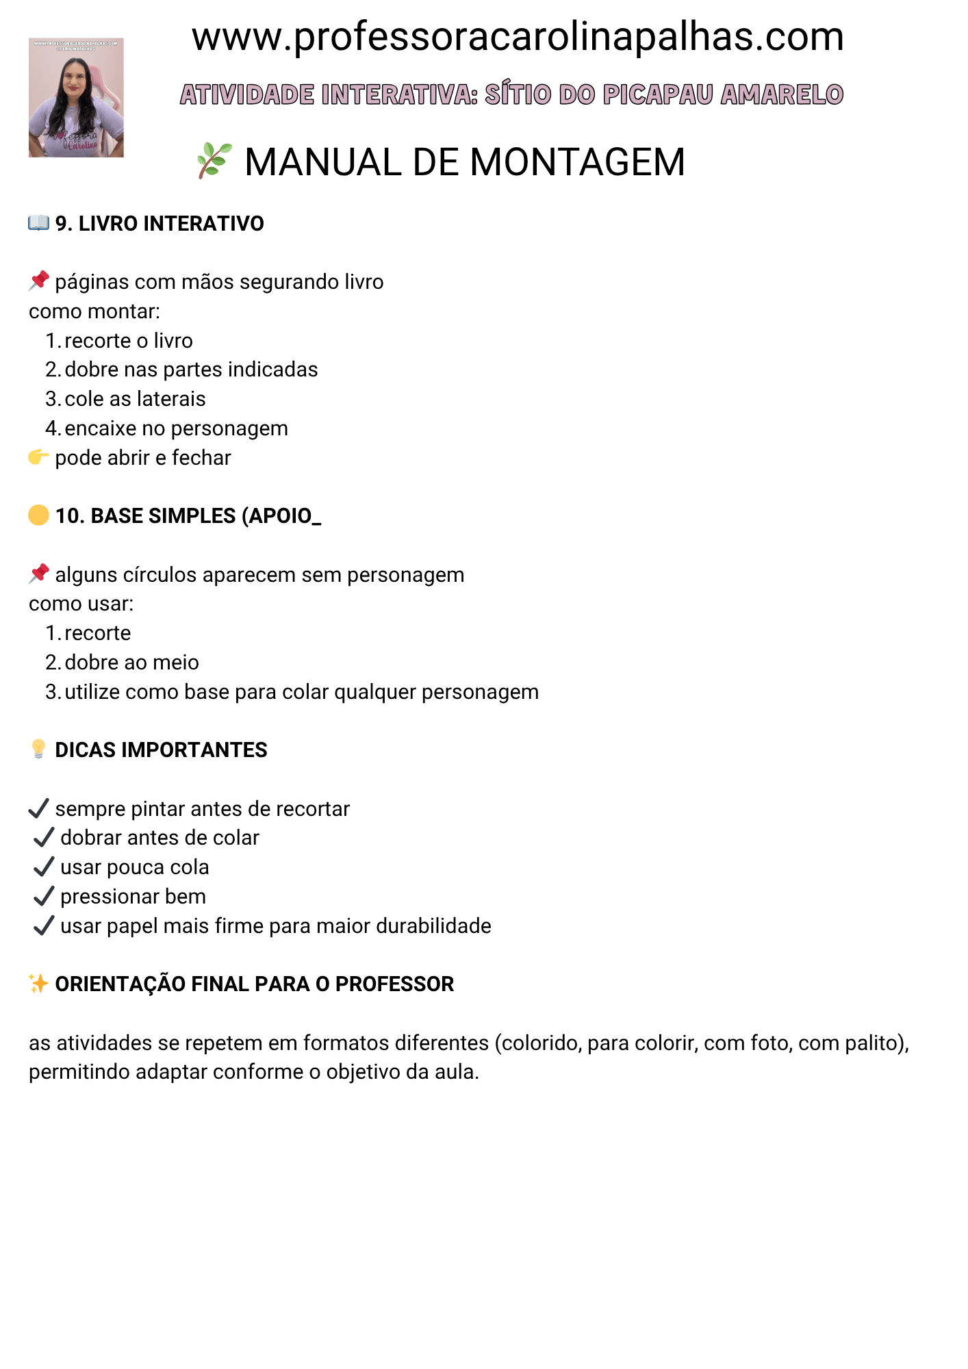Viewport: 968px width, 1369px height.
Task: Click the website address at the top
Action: tap(518, 37)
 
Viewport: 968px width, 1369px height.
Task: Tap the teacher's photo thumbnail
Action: tap(76, 98)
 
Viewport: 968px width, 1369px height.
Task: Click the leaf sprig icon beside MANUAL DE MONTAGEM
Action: tap(214, 161)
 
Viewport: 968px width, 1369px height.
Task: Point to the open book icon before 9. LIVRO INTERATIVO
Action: tap(38, 223)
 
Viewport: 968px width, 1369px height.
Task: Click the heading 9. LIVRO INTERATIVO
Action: tap(160, 224)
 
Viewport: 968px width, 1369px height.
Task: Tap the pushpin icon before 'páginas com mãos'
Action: tap(39, 281)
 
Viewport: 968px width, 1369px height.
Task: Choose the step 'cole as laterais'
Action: tap(135, 399)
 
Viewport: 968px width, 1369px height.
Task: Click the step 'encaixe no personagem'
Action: tap(176, 428)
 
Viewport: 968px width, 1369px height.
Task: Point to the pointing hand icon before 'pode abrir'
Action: tap(38, 457)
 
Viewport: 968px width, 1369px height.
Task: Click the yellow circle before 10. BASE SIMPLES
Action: tap(38, 515)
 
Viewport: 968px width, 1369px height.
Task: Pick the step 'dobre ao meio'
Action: tap(131, 663)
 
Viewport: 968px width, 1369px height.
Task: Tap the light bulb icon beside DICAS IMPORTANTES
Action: tap(38, 750)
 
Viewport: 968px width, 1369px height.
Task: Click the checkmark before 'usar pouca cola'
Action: tap(44, 867)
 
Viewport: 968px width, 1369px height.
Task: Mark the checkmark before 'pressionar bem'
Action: tap(44, 896)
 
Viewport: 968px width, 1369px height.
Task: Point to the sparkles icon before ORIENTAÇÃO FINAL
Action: tap(38, 984)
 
